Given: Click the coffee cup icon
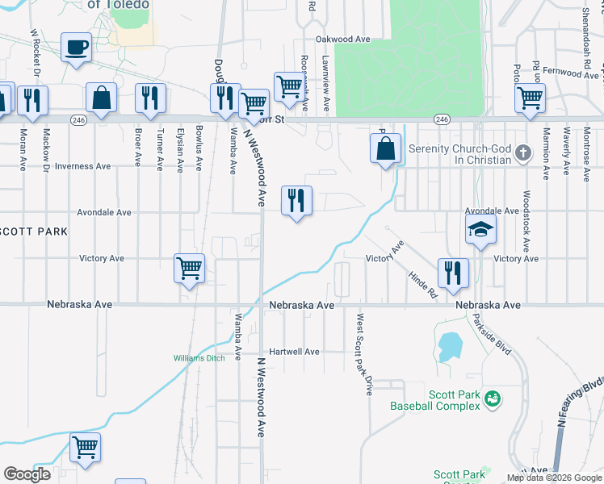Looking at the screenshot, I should (76, 48).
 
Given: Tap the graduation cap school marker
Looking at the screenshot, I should (480, 230).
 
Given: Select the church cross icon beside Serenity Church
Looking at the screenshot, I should (523, 152).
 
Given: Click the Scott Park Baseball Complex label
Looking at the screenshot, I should (435, 401).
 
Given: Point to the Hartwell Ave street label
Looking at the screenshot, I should (295, 352).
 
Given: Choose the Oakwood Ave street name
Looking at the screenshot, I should (342, 39).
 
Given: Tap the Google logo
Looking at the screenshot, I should (27, 474).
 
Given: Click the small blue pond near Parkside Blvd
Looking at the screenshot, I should (448, 348).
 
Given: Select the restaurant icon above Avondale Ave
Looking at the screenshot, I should (296, 200).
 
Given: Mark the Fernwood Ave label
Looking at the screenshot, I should (571, 73).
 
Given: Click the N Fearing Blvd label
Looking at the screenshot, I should (577, 403).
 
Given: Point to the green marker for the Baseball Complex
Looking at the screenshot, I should (493, 398).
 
